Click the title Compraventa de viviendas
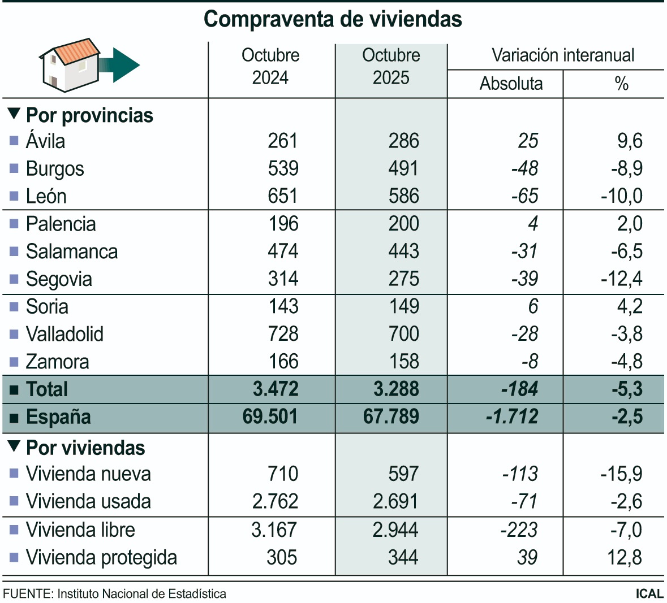[333, 19]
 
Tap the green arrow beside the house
[122, 65]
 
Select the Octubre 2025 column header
[391, 66]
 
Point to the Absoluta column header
[511, 84]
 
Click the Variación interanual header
[562, 55]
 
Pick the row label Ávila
[45, 141]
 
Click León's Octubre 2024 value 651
[282, 196]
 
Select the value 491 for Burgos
[403, 168]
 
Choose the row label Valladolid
[64, 334]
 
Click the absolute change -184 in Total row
[519, 389]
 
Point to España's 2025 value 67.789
[391, 417]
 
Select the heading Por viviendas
[85, 448]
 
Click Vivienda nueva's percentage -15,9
[621, 474]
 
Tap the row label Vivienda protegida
[101, 557]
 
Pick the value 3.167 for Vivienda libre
[274, 530]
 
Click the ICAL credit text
[649, 593]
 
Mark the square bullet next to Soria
[14, 307]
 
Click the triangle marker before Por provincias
[14, 114]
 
